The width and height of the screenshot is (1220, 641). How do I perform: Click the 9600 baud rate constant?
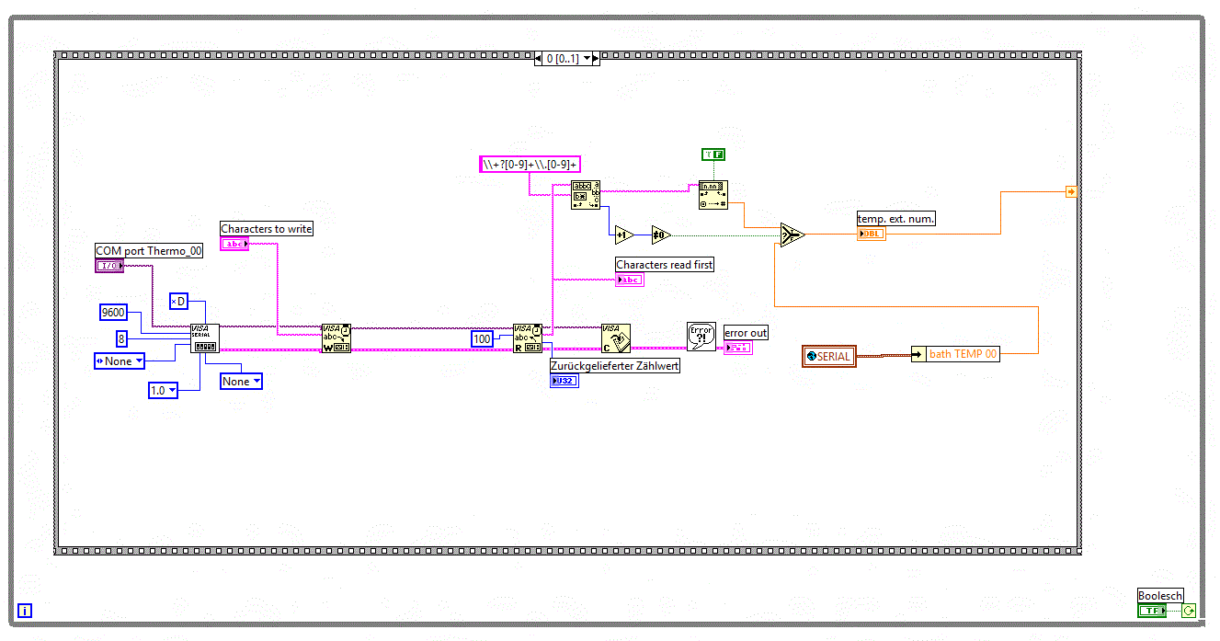pyautogui.click(x=113, y=313)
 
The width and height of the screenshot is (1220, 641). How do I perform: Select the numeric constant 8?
pyautogui.click(x=120, y=338)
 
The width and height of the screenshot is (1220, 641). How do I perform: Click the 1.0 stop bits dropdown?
pyautogui.click(x=162, y=391)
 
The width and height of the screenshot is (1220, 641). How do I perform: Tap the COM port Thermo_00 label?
pyautogui.click(x=149, y=251)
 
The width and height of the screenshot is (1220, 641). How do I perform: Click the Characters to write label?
pyautogui.click(x=267, y=229)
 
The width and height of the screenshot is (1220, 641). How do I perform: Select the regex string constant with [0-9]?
pyautogui.click(x=530, y=165)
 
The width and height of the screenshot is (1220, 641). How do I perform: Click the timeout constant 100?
pyautogui.click(x=482, y=338)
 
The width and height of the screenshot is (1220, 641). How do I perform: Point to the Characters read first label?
pyautogui.click(x=665, y=265)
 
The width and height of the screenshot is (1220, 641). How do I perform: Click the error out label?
pyautogui.click(x=746, y=333)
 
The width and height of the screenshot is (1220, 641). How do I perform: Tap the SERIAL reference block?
pyautogui.click(x=829, y=356)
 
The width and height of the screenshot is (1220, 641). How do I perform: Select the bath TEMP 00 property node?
pyautogui.click(x=955, y=354)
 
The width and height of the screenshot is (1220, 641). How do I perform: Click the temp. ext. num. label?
pyautogui.click(x=895, y=219)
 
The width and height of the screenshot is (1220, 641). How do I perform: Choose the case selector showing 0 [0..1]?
pyautogui.click(x=566, y=58)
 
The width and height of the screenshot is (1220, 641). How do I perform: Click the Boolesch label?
pyautogui.click(x=1160, y=596)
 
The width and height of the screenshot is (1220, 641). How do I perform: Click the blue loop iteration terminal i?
pyautogui.click(x=25, y=610)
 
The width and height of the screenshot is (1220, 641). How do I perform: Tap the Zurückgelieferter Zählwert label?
pyautogui.click(x=615, y=365)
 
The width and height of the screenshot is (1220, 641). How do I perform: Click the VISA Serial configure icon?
pyautogui.click(x=205, y=338)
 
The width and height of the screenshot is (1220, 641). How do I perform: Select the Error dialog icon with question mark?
pyautogui.click(x=701, y=337)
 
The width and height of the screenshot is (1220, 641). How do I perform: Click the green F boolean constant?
pyautogui.click(x=713, y=155)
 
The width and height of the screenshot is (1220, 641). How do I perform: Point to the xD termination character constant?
pyautogui.click(x=178, y=302)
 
